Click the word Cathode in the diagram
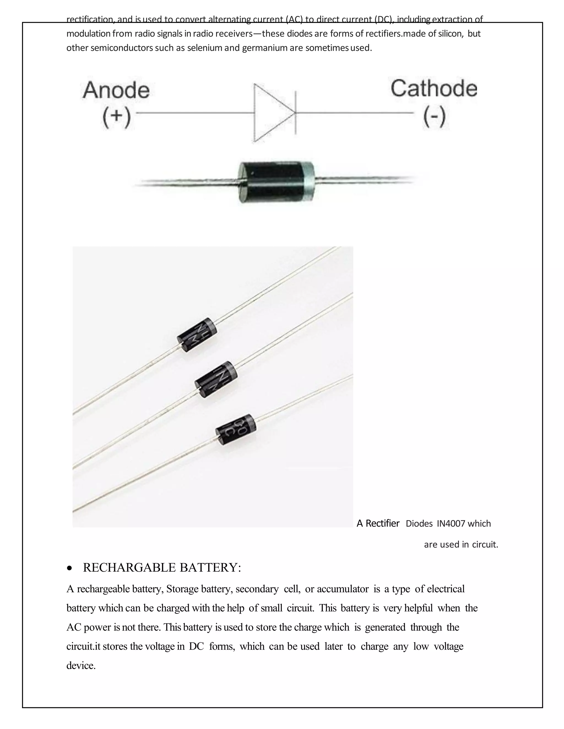[x=434, y=89]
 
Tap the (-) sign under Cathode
[x=434, y=117]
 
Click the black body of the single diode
[x=271, y=182]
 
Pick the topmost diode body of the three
[x=197, y=334]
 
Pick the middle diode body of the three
[x=216, y=379]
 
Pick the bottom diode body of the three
[x=236, y=429]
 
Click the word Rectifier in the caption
[x=383, y=523]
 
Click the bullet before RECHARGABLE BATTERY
[x=69, y=568]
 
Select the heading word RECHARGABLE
[x=130, y=567]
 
